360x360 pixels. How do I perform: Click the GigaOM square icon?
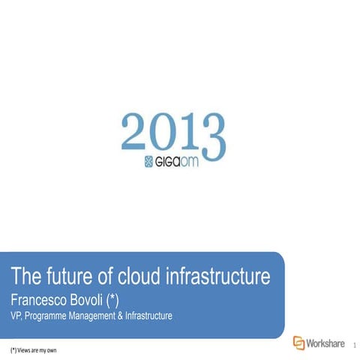(x=148, y=161)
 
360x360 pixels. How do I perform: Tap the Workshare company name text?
(x=325, y=343)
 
